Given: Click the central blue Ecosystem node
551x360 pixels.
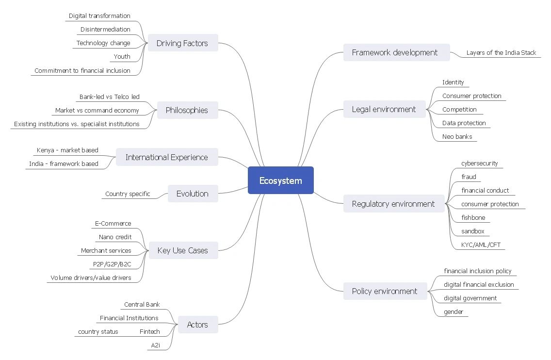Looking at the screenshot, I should coord(280,180).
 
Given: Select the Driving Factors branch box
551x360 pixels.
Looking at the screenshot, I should coord(182,43).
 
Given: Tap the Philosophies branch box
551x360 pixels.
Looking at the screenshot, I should coord(187,110).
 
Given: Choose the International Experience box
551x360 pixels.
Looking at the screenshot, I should coord(166,157).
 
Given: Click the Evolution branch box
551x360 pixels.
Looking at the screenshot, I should coord(192,194).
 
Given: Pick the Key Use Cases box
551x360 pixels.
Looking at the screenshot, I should coord(182,251).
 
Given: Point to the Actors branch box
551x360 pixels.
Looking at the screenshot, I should coord(197,325).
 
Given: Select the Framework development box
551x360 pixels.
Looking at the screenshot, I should coord(395,52).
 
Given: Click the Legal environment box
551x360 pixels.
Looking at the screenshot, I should coord(384,109).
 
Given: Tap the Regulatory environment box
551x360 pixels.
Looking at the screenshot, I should coord(393,204).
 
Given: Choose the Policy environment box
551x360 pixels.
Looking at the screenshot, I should coord(385,291).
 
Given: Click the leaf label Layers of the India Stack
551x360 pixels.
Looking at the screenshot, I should coord(501,53).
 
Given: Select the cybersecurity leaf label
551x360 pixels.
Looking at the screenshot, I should coord(479,164).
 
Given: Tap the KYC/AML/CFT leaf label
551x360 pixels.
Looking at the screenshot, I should coord(481,245).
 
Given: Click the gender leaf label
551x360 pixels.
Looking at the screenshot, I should coord(454,312).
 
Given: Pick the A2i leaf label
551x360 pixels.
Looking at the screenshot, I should coord(156,345).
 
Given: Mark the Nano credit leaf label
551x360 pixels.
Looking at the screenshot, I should coord(115,237).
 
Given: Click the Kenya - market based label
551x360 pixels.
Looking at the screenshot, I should coord(67,150).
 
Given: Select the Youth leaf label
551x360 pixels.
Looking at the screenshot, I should coord(122,57).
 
